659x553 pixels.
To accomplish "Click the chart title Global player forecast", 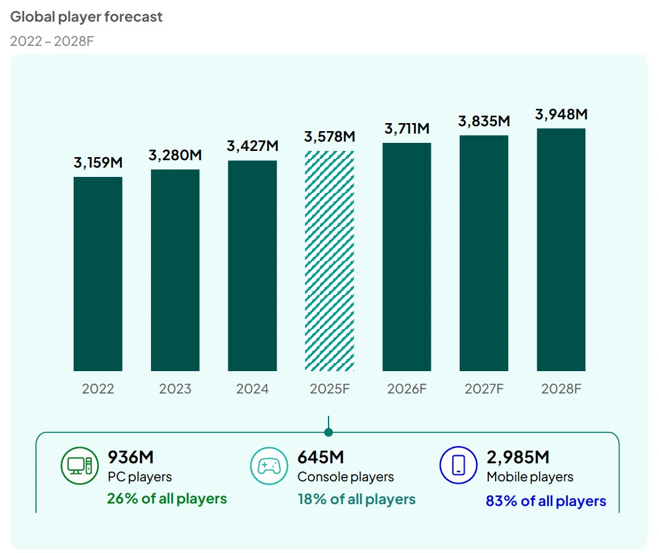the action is [86, 17].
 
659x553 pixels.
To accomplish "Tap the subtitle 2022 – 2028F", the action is [52, 41].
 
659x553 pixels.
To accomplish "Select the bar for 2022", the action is [98, 274].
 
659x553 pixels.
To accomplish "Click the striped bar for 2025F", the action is [329, 261].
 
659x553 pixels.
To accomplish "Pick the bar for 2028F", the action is [561, 250].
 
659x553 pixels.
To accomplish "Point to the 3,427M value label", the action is [252, 146].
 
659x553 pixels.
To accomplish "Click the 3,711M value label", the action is [407, 128].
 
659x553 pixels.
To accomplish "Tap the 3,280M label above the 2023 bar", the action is [175, 155].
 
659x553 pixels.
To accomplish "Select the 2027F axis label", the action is [484, 388].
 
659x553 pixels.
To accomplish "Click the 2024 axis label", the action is [252, 388].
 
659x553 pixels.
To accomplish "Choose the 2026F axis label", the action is [407, 388].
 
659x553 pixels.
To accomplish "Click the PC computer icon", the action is [80, 466].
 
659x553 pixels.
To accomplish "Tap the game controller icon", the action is [269, 466].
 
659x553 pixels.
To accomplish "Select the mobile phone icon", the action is [459, 465].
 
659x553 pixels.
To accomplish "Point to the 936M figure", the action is [131, 457].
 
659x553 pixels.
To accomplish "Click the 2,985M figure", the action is [518, 457].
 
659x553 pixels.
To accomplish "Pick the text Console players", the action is [345, 477].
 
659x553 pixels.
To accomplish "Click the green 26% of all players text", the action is [167, 499].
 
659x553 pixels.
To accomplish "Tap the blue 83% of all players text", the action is [546, 501].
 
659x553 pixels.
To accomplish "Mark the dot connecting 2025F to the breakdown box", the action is [329, 432].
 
